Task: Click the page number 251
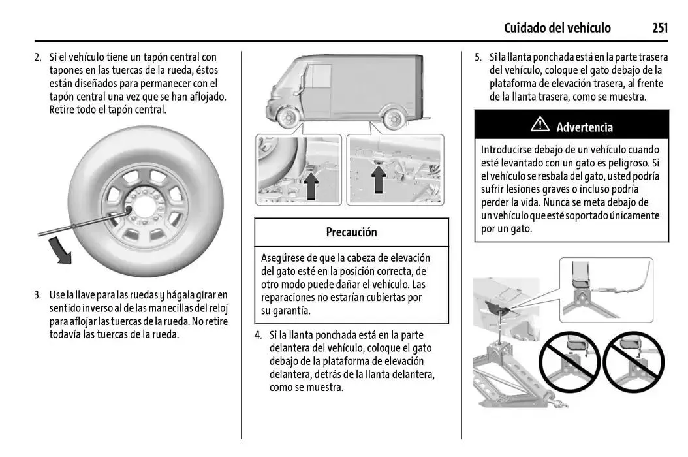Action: [659, 27]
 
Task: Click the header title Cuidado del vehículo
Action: [557, 27]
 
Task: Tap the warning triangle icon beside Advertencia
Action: [540, 125]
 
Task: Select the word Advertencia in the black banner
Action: [584, 127]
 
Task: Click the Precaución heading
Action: [351, 232]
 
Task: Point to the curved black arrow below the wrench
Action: [61, 251]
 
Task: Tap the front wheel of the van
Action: [288, 118]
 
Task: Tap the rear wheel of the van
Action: [393, 118]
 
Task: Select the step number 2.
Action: [38, 57]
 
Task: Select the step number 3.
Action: [38, 294]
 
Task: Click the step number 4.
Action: [258, 335]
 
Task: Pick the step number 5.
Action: [478, 57]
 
